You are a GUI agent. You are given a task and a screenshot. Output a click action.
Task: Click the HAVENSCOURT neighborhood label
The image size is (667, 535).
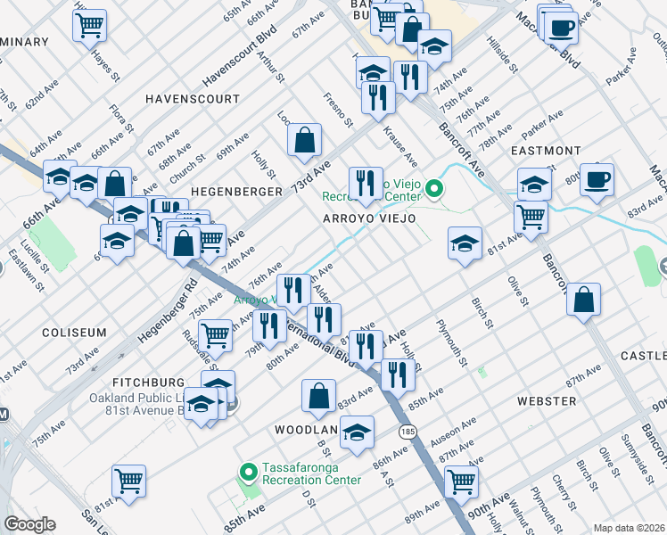[x=193, y=98]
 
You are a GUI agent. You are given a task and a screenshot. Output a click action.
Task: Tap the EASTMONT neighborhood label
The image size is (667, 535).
[x=548, y=151]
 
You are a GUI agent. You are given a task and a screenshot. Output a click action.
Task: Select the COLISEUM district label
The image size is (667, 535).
[x=73, y=332]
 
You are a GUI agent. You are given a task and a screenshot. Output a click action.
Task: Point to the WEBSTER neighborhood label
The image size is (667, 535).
[x=546, y=401]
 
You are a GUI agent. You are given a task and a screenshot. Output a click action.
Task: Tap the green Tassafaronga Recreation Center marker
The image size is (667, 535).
[x=249, y=471]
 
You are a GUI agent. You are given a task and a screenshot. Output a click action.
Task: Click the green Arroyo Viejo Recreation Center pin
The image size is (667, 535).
[x=434, y=188]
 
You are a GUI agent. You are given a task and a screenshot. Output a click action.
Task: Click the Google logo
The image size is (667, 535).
[x=29, y=524]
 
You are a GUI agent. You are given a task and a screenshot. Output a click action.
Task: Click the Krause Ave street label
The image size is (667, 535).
[x=399, y=146]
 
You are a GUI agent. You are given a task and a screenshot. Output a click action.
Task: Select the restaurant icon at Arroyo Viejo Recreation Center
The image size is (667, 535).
[x=365, y=185]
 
